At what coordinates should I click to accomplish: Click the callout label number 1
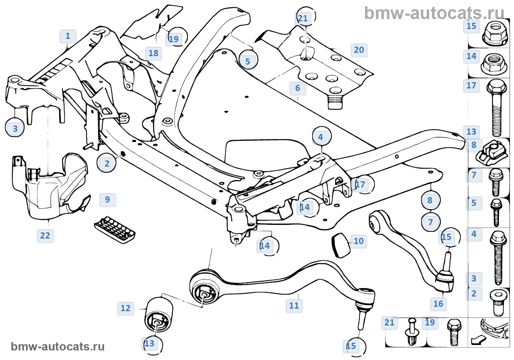[68, 36]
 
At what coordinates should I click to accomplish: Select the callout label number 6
[298, 88]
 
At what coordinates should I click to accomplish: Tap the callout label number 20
[359, 50]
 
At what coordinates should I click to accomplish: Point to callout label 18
[153, 53]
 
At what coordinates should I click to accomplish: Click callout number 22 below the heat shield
[45, 236]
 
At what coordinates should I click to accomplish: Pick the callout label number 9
[108, 200]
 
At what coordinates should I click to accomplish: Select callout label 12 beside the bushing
[126, 308]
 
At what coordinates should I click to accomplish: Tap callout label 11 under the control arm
[294, 306]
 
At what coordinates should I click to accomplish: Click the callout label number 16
[438, 304]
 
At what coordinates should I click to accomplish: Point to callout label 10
[359, 241]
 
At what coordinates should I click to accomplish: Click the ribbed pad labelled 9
[115, 230]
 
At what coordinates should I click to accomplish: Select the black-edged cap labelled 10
[341, 245]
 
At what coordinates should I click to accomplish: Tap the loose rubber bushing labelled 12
[159, 315]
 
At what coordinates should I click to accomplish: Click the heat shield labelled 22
[51, 187]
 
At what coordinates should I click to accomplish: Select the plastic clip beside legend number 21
[412, 332]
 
